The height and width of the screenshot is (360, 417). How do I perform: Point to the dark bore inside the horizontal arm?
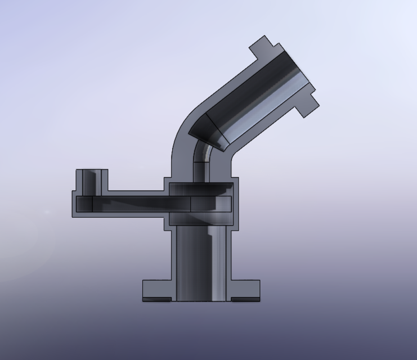click(x=141, y=203)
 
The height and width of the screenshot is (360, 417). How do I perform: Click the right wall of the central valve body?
click(x=235, y=202)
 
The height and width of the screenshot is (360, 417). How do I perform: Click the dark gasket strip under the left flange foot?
click(x=158, y=299)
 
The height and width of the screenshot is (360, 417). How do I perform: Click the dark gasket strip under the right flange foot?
click(x=246, y=299)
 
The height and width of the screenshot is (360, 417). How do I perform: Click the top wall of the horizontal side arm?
click(x=135, y=193)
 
